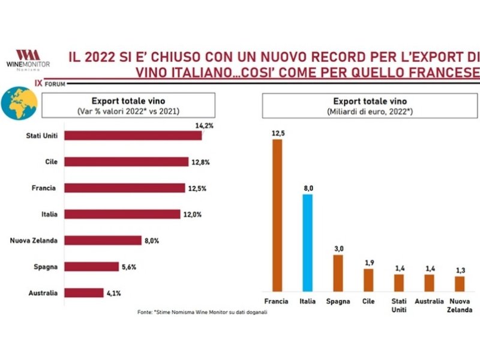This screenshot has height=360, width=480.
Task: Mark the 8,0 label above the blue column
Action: point(308,189)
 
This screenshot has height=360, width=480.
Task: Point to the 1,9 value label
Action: point(369,263)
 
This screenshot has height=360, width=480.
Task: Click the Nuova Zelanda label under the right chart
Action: point(460,304)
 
